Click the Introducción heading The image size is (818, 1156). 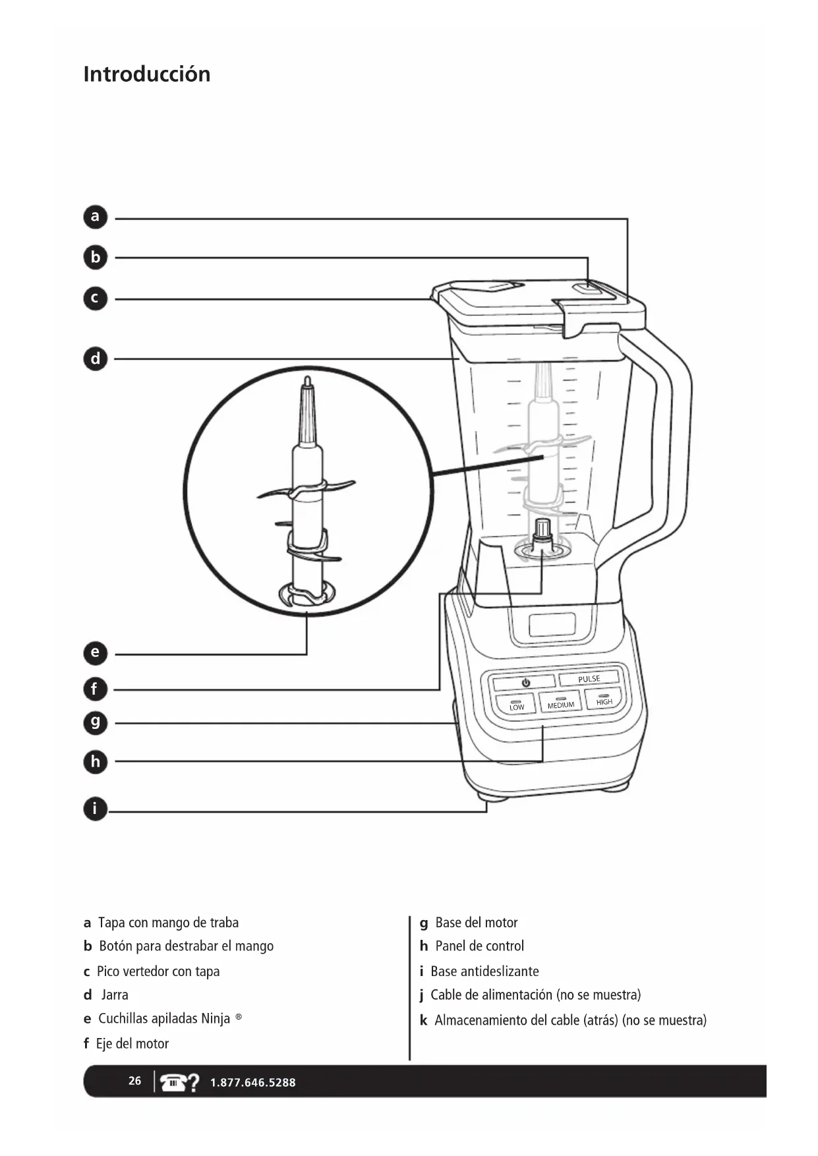click(x=146, y=74)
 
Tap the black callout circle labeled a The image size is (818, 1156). click(x=96, y=217)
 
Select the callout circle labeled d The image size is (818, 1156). click(x=96, y=359)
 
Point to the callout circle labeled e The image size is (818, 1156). click(x=96, y=653)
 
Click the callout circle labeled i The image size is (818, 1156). click(x=96, y=809)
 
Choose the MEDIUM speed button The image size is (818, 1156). click(x=560, y=703)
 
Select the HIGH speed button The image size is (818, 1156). click(x=604, y=700)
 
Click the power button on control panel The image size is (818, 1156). click(x=525, y=683)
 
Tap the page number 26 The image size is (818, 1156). click(x=134, y=1081)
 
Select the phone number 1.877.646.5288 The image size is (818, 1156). click(x=252, y=1082)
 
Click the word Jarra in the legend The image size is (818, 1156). click(x=115, y=995)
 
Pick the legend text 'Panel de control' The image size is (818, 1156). click(x=479, y=946)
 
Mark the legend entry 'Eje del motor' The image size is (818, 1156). click(x=132, y=1043)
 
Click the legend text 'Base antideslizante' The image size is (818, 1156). click(x=484, y=971)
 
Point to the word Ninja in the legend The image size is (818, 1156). click(x=216, y=1019)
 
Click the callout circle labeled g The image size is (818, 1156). click(x=96, y=723)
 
